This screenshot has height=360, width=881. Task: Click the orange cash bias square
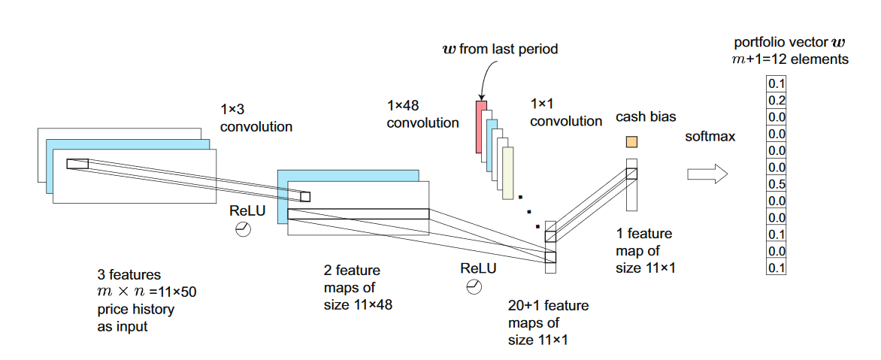point(632,141)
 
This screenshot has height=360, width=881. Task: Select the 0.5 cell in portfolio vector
point(777,184)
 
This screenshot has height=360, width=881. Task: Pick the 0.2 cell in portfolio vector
point(777,101)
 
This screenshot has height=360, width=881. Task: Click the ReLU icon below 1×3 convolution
point(243,230)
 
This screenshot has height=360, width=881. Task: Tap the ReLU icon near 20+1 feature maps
point(474,287)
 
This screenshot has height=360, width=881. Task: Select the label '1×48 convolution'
point(423,114)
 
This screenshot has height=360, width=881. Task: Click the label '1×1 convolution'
point(566,112)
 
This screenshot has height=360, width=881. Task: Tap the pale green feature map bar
point(508,173)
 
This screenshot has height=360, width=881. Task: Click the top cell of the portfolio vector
point(777,84)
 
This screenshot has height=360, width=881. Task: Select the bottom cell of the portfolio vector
point(777,267)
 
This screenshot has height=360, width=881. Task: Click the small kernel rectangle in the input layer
point(77,163)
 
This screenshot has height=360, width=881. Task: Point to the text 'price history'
point(135,310)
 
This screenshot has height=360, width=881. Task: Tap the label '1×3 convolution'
point(256,119)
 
